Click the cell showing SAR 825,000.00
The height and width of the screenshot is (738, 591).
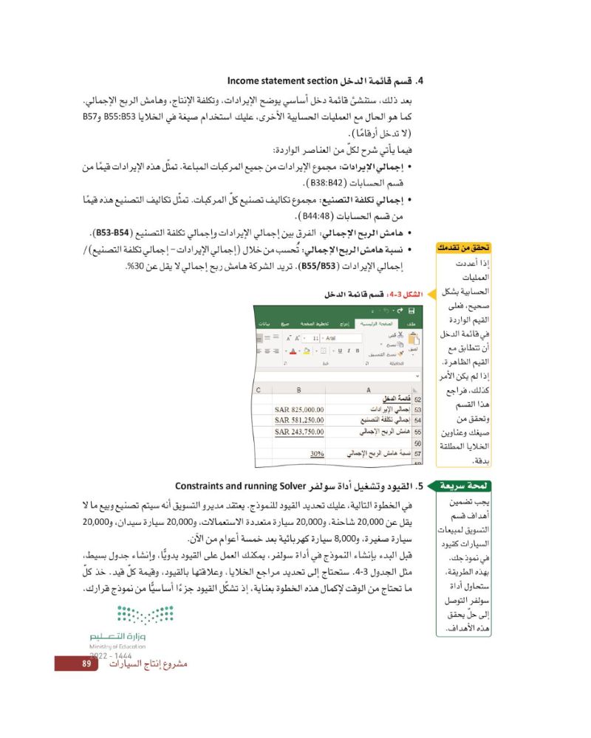tap(300, 408)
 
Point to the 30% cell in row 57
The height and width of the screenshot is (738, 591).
tap(318, 454)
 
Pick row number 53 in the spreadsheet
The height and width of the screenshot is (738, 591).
tap(417, 408)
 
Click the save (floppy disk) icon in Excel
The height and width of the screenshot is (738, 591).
tap(409, 311)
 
